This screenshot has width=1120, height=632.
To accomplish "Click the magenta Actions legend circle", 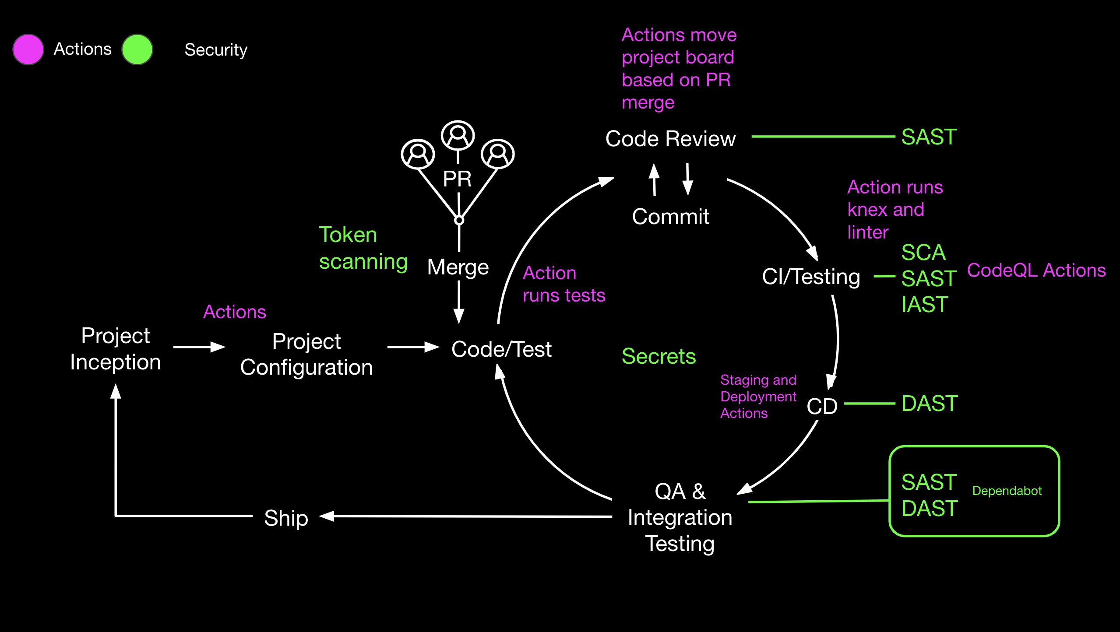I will pyautogui.click(x=28, y=49).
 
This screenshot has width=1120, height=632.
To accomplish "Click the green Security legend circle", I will pyautogui.click(x=137, y=49).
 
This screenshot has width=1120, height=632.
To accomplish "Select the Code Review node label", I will pyautogui.click(x=670, y=139).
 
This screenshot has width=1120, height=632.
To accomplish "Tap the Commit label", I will pyautogui.click(x=670, y=217).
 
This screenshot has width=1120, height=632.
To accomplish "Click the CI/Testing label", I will pyautogui.click(x=810, y=277).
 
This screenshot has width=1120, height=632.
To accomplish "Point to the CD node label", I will pyautogui.click(x=822, y=406).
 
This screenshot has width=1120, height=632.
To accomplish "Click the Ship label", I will pyautogui.click(x=286, y=518).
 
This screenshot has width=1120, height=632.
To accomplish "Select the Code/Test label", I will pyautogui.click(x=501, y=349).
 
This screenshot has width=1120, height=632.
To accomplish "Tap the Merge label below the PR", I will pyautogui.click(x=458, y=267).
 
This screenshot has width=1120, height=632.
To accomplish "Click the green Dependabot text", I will pyautogui.click(x=1007, y=491).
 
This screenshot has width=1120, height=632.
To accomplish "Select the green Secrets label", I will pyautogui.click(x=659, y=356).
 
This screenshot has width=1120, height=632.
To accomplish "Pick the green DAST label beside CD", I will pyautogui.click(x=930, y=404).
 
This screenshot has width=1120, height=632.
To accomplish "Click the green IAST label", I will pyautogui.click(x=925, y=305).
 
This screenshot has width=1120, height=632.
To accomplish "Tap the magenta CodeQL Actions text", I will pyautogui.click(x=1036, y=270).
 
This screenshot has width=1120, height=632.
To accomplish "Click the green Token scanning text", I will pyautogui.click(x=363, y=248).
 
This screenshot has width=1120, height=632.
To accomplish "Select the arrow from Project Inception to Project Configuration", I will pyautogui.click(x=199, y=347).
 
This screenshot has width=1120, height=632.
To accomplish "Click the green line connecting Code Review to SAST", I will pyautogui.click(x=823, y=137).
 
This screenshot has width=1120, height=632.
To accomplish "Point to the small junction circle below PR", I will pyautogui.click(x=459, y=220).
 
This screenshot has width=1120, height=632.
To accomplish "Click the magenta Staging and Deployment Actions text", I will pyautogui.click(x=758, y=397).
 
